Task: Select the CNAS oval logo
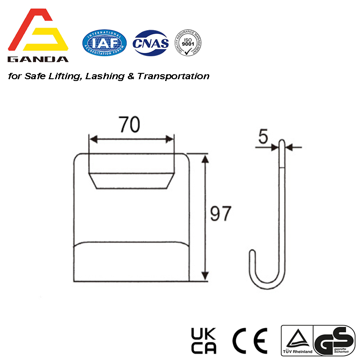tap(151, 44)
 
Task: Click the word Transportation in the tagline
tap(173, 76)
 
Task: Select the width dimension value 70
tap(129, 125)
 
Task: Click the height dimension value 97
tap(221, 214)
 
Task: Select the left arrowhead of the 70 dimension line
tap(92, 139)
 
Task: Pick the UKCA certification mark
tap(204, 341)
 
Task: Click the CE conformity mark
tap(250, 341)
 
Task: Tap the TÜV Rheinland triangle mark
tap(297, 340)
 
